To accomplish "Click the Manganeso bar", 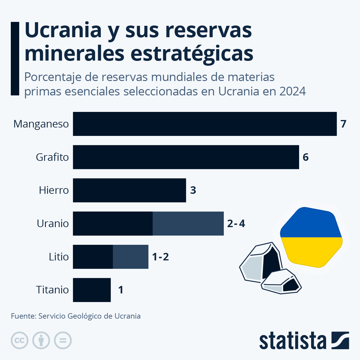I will (x=205, y=124).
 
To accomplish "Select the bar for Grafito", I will (x=186, y=157).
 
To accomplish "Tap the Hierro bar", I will (x=129, y=190).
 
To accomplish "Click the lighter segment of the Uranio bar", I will (x=188, y=223).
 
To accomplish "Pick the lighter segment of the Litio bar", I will (x=130, y=257).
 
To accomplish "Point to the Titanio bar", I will (x=92, y=290).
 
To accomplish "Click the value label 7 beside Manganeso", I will (x=343, y=124).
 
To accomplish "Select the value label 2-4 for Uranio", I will (x=236, y=223).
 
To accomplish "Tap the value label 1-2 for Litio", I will (x=160, y=257).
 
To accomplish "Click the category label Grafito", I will (x=52, y=157).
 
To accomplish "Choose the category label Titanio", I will (x=52, y=290).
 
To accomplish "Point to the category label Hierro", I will (x=54, y=190).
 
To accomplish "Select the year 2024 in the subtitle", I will (x=292, y=91).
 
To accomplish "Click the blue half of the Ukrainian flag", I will (x=310, y=223).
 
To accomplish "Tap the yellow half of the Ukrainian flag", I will (x=312, y=250).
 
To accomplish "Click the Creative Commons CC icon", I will (x=19, y=340).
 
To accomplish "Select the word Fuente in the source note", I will (x=23, y=316).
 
